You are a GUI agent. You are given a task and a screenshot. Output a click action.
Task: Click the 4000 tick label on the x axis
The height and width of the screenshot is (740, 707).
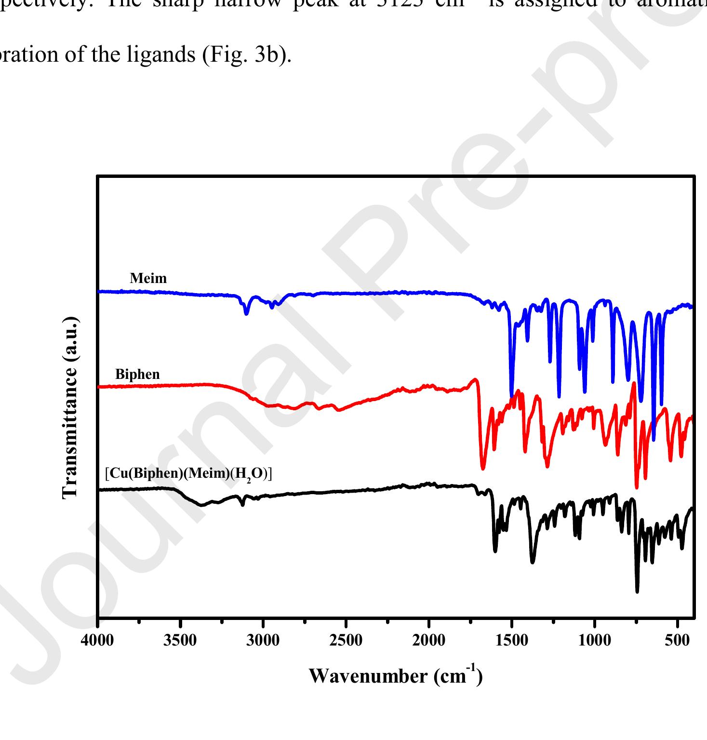(98, 640)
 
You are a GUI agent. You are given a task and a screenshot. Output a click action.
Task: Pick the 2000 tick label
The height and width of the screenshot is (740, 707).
(429, 640)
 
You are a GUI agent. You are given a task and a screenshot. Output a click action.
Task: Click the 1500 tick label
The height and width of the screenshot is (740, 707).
(512, 640)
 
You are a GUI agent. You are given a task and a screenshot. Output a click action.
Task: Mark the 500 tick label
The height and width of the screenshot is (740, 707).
(678, 640)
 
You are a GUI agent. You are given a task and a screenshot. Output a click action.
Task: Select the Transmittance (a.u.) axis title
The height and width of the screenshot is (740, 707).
(70, 408)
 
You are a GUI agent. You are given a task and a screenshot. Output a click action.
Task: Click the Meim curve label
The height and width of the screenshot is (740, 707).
(148, 278)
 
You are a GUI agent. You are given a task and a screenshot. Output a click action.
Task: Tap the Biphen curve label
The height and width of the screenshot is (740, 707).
(137, 374)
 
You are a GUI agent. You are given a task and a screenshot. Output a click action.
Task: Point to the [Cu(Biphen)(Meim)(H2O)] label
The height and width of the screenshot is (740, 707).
(188, 474)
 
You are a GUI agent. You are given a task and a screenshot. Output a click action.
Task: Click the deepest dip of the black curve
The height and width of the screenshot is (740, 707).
(637, 591)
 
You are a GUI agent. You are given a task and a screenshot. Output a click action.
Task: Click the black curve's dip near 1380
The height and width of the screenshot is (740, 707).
(532, 562)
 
